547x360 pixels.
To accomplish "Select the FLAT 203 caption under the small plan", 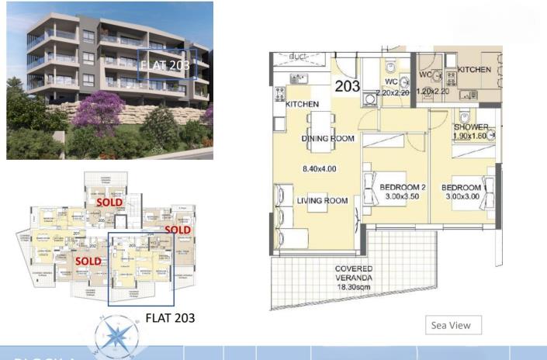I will tap(170, 317).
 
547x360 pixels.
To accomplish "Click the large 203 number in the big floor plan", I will tap(348, 86).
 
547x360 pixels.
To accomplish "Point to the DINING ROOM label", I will tap(327, 139).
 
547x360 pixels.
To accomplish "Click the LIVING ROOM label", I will tap(322, 201).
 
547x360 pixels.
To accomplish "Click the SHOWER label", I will tap(471, 127).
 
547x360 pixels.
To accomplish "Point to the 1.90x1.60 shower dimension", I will tap(471, 136).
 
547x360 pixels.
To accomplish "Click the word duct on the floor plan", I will tap(298, 57).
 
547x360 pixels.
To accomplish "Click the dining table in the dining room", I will tap(320, 123).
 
